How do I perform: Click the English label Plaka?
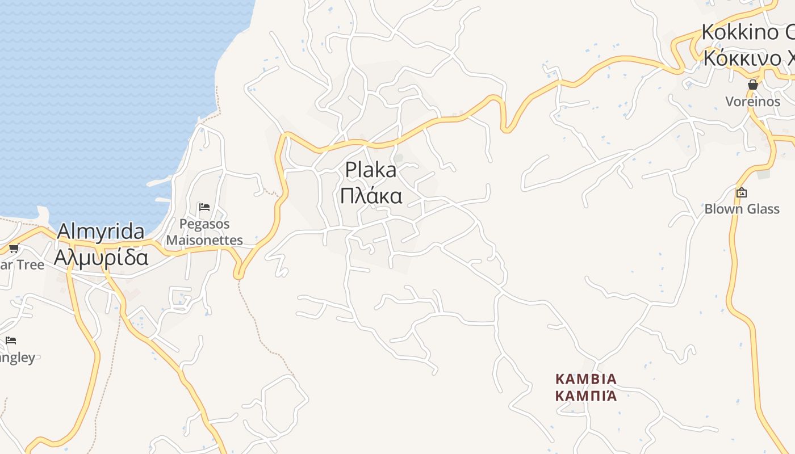[371, 170]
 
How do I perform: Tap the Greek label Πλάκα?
[371, 196]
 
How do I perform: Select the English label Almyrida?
[101, 232]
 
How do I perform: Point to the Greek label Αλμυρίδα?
[101, 257]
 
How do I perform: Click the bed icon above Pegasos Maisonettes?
[204, 207]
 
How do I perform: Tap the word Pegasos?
[204, 223]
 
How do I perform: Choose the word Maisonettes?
[204, 240]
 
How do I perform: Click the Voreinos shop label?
[753, 102]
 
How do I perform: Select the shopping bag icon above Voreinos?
[753, 85]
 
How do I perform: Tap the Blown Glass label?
[742, 209]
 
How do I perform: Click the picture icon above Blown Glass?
[741, 192]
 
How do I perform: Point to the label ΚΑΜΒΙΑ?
[585, 379]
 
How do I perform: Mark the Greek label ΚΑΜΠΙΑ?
[585, 396]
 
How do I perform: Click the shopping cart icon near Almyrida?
[14, 249]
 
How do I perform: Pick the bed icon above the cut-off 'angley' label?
[11, 340]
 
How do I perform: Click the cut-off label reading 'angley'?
[17, 358]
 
